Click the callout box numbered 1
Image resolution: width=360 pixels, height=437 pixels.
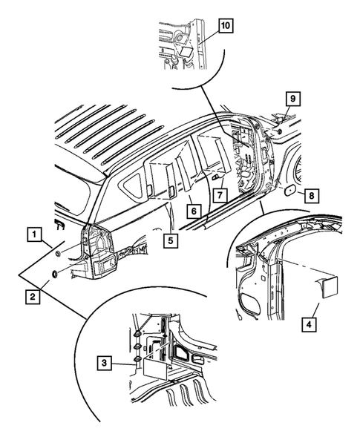34,234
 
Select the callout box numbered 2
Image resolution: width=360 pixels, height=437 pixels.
33,297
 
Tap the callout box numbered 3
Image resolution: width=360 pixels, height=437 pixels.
105,363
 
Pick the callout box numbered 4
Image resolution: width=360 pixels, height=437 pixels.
309,324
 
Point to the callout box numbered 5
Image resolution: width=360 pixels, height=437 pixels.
171,240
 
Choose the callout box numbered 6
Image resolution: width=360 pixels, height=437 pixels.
194,211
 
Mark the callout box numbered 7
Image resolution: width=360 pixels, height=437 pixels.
220,195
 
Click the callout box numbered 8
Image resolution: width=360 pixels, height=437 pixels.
312,196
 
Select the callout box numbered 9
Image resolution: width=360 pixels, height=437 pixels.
292,99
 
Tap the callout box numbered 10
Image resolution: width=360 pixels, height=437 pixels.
226,26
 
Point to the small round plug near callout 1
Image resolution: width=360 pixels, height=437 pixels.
59,254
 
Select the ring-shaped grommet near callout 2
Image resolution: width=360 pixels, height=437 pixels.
55,275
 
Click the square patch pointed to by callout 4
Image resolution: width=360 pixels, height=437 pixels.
330,287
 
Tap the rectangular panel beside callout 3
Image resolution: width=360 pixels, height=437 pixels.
155,369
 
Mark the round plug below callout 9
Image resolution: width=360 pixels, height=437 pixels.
279,131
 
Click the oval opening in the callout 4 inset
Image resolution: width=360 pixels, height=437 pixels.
251,304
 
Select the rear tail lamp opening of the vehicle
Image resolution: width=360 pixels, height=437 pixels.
97,243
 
